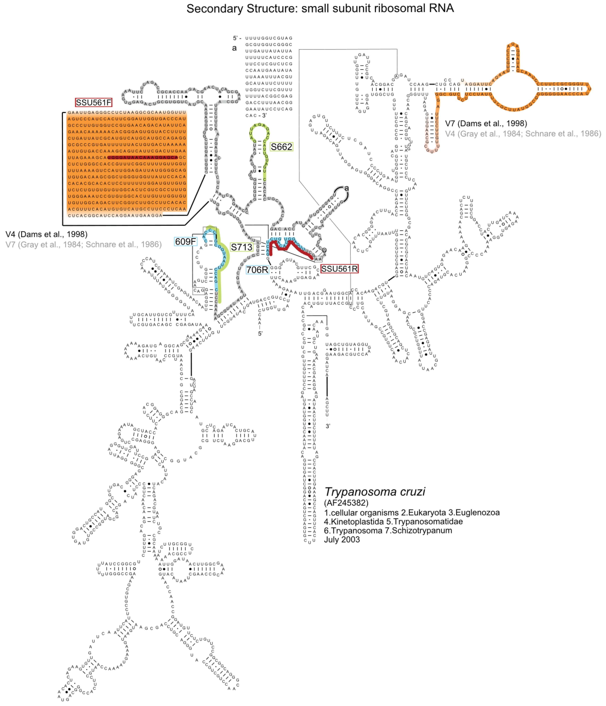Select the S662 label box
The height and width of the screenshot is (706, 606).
[281, 147]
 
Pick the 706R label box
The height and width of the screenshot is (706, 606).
[257, 270]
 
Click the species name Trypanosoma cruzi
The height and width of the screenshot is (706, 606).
[374, 492]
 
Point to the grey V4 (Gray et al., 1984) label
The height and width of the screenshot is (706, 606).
[523, 133]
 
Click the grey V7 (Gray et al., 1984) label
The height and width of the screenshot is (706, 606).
[83, 244]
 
